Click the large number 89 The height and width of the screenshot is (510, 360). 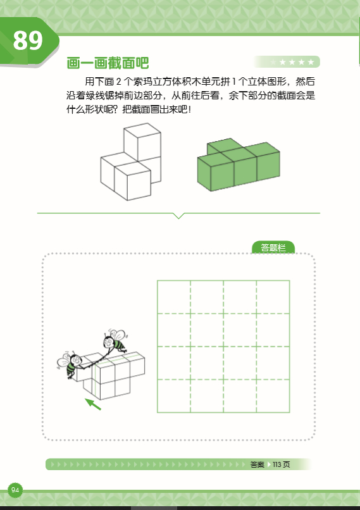click(x=28, y=41)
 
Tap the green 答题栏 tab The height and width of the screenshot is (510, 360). click(x=273, y=247)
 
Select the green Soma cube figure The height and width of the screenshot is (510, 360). click(x=239, y=163)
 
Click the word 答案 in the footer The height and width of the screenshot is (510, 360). click(x=257, y=464)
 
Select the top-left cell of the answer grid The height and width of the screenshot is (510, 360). click(x=174, y=297)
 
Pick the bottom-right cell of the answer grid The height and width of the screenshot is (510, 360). click(x=273, y=395)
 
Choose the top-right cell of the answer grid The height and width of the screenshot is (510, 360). click(x=273, y=297)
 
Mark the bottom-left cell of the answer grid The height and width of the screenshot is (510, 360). click(x=174, y=395)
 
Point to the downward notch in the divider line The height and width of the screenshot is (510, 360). click(x=179, y=216)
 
